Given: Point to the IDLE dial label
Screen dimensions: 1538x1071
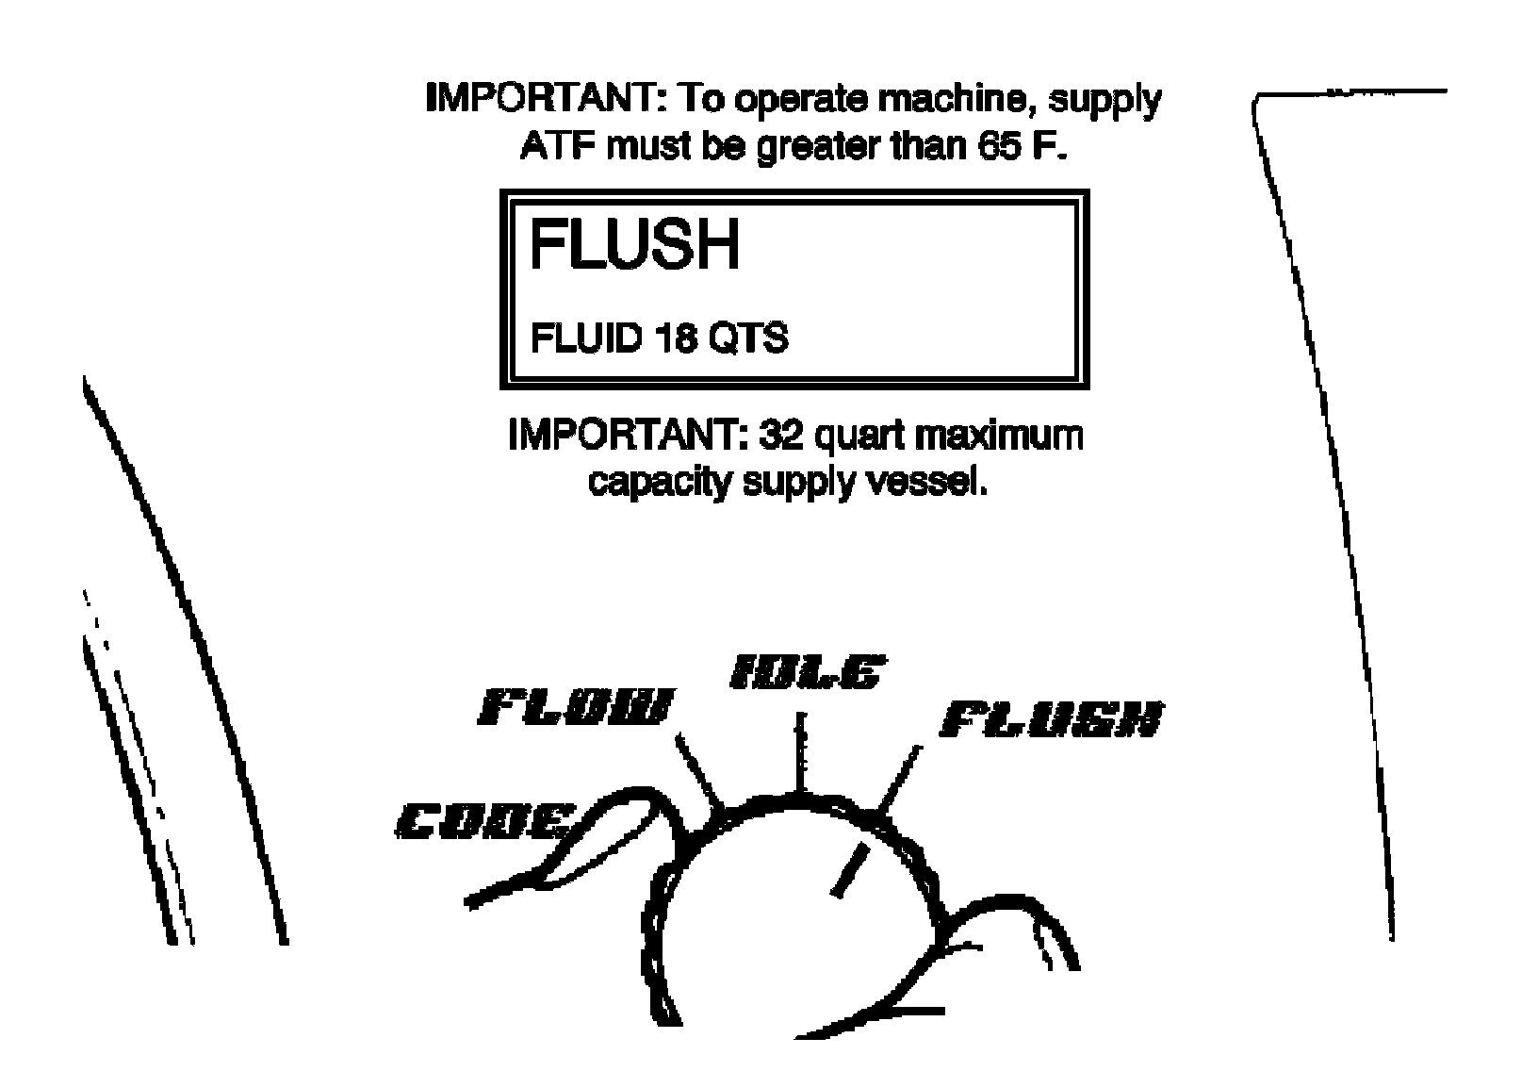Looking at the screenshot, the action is click(807, 673).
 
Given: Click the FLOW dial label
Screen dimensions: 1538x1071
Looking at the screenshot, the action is click(578, 707).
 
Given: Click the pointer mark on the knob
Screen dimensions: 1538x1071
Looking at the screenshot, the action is click(847, 870).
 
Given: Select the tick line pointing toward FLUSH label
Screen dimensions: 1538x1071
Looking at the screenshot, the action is click(898, 778).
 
